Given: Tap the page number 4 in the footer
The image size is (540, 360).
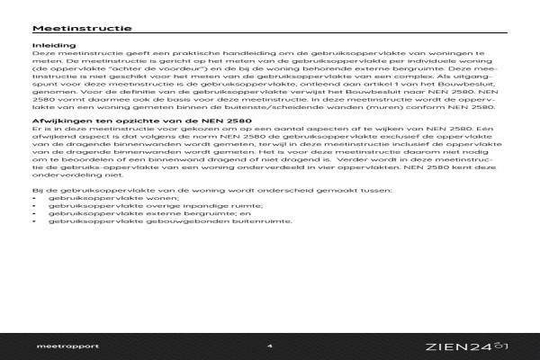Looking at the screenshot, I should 269,346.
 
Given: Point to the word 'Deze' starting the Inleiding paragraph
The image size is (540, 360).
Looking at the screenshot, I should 40,54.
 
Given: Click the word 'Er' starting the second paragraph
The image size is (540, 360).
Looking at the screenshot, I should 35,130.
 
